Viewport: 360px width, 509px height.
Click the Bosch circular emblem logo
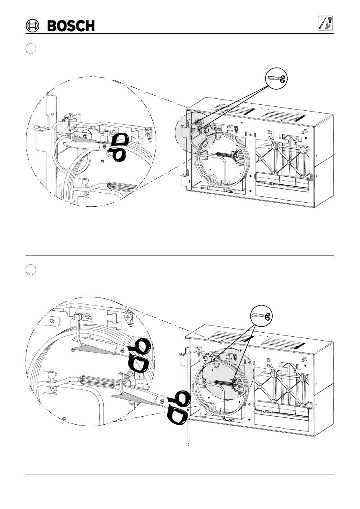coord(32,26)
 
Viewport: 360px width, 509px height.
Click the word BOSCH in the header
coord(71,26)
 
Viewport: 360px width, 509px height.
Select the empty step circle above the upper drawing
coord(31,48)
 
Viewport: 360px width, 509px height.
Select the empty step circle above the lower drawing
coord(31,269)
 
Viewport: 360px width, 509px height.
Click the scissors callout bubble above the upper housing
coord(276,78)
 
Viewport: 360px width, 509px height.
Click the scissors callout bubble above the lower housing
coord(261,315)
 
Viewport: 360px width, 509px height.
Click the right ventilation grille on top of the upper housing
coord(284,116)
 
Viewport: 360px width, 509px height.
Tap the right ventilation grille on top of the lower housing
coord(282,344)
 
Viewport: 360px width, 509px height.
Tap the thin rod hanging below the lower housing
coord(188,435)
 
